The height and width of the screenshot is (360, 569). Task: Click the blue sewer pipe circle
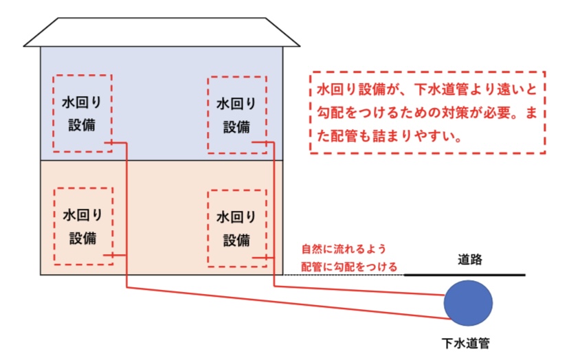tap(468, 303)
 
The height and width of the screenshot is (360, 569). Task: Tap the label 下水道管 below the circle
tap(468, 341)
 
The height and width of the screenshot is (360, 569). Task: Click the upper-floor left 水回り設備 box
tap(82, 114)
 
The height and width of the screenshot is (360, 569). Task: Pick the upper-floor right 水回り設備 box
tap(236, 114)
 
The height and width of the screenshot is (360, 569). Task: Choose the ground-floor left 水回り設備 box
tap(82, 226)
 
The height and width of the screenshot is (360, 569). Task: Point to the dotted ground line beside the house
tap(344, 275)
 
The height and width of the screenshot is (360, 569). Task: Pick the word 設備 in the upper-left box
tap(82, 126)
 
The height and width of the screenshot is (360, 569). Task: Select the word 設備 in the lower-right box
tap(236, 240)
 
